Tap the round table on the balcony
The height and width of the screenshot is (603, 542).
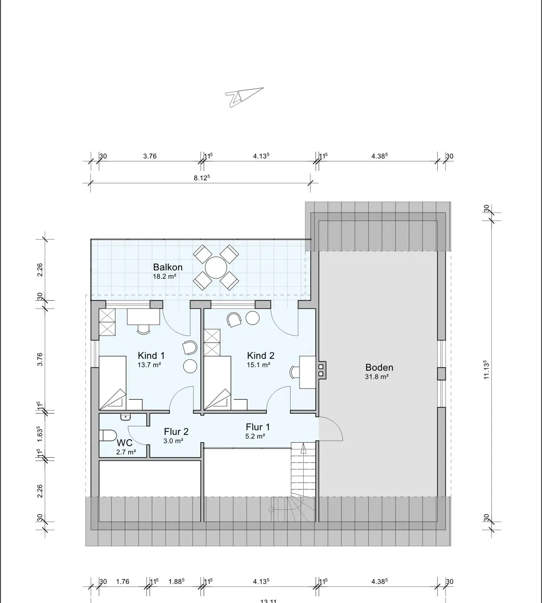tap(215, 268)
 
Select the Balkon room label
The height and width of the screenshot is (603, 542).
tap(167, 268)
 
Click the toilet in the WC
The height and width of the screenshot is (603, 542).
tap(108, 435)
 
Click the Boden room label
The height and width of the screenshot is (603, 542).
tap(378, 368)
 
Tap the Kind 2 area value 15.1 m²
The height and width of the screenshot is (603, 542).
tap(258, 365)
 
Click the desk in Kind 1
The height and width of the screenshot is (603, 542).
tap(143, 317)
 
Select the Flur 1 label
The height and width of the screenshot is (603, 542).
tap(258, 427)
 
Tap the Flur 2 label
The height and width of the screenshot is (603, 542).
tap(176, 431)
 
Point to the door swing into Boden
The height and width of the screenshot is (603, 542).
tap(331, 429)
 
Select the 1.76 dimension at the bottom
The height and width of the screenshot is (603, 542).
tap(123, 582)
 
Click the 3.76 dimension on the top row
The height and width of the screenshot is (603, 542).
tap(150, 156)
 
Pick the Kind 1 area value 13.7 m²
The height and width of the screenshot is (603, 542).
tap(149, 365)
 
